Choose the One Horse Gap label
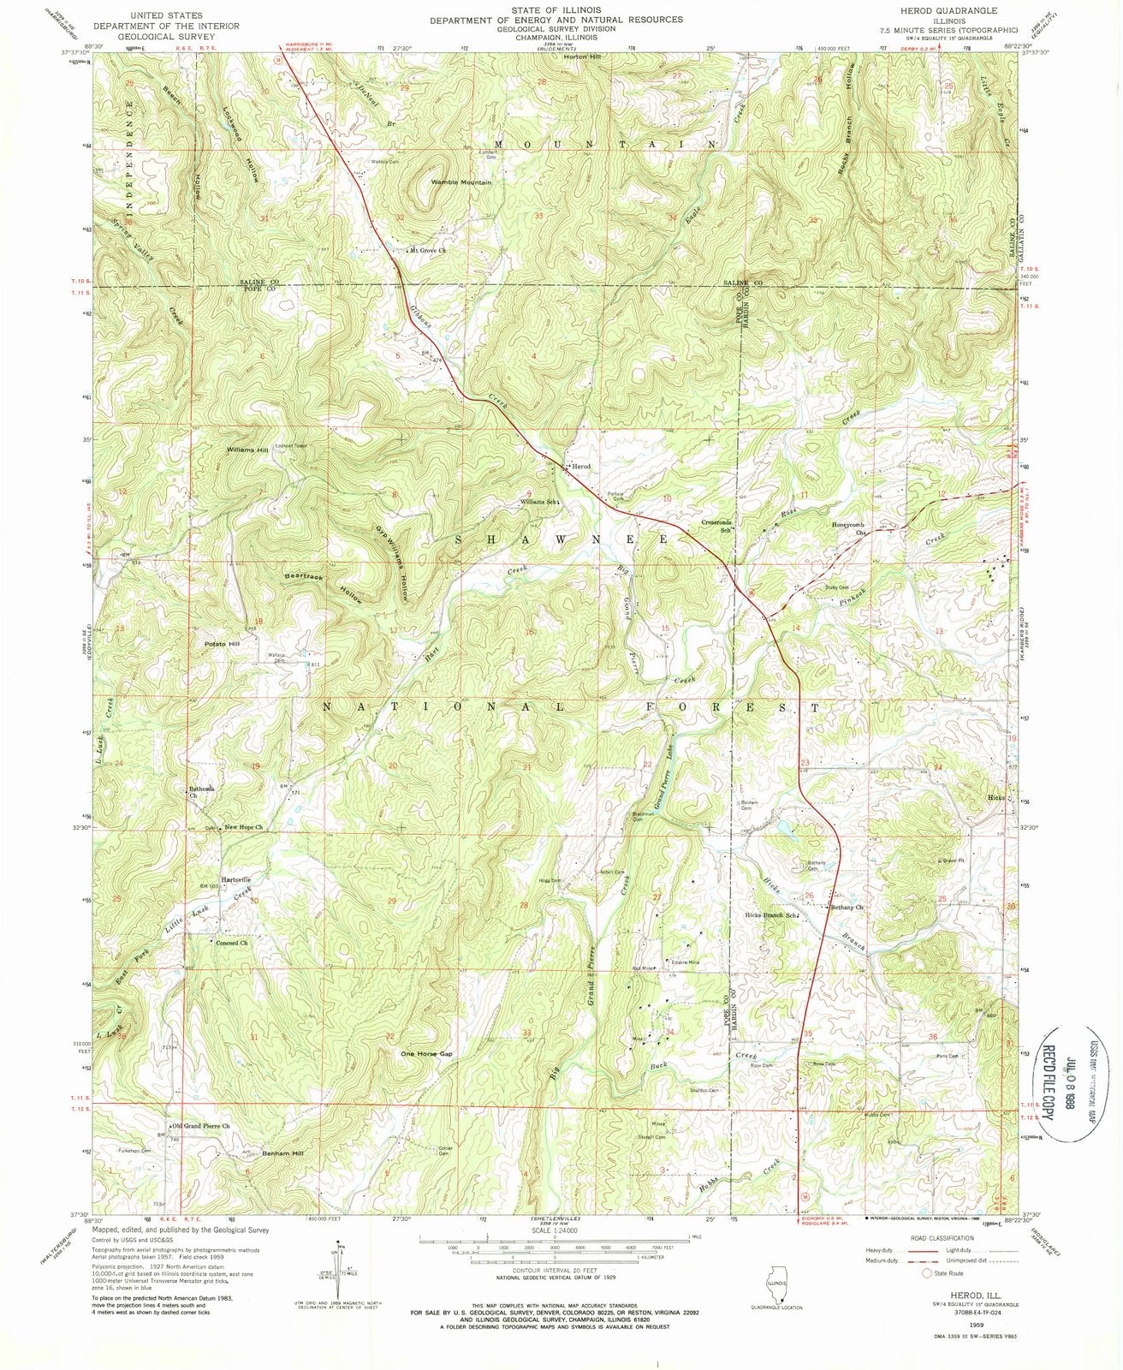[x=425, y=1054]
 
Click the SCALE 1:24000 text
[x=554, y=1227]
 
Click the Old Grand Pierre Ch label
[x=202, y=1125]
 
